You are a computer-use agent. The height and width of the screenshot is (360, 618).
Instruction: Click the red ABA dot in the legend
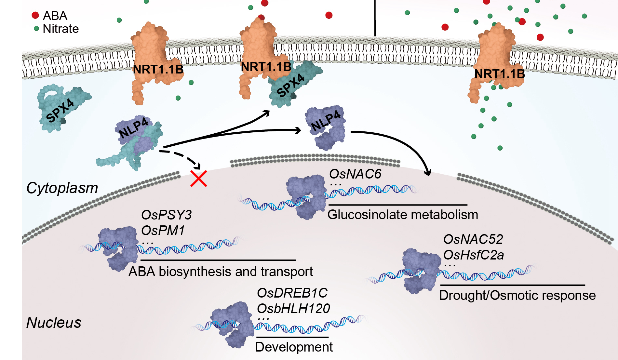(35, 15)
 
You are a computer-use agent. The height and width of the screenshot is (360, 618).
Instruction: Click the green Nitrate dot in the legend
(36, 29)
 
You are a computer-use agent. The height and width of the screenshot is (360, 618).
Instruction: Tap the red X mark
(199, 178)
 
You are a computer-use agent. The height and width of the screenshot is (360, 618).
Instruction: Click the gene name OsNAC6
(355, 174)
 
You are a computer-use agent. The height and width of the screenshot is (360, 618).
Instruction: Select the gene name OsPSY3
(166, 215)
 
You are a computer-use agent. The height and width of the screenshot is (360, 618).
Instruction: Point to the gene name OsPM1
(163, 231)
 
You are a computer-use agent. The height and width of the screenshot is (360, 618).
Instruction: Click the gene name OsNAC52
(473, 239)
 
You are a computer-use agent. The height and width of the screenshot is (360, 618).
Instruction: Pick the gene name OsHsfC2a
(474, 255)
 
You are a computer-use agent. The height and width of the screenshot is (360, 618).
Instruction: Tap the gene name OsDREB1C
(292, 293)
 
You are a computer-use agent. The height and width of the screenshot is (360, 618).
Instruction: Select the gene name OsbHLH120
(293, 308)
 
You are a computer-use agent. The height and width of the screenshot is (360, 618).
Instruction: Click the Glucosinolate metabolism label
(403, 215)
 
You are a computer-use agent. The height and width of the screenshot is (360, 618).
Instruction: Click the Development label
(294, 347)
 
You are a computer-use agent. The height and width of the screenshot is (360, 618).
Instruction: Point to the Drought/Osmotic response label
(517, 295)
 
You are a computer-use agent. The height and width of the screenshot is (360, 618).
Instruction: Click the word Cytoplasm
(62, 188)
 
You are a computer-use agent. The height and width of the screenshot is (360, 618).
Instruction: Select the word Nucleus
(54, 322)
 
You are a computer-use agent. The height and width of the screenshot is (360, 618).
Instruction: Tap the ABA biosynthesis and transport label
(221, 272)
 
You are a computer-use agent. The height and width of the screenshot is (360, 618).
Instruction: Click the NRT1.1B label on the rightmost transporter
(500, 74)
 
